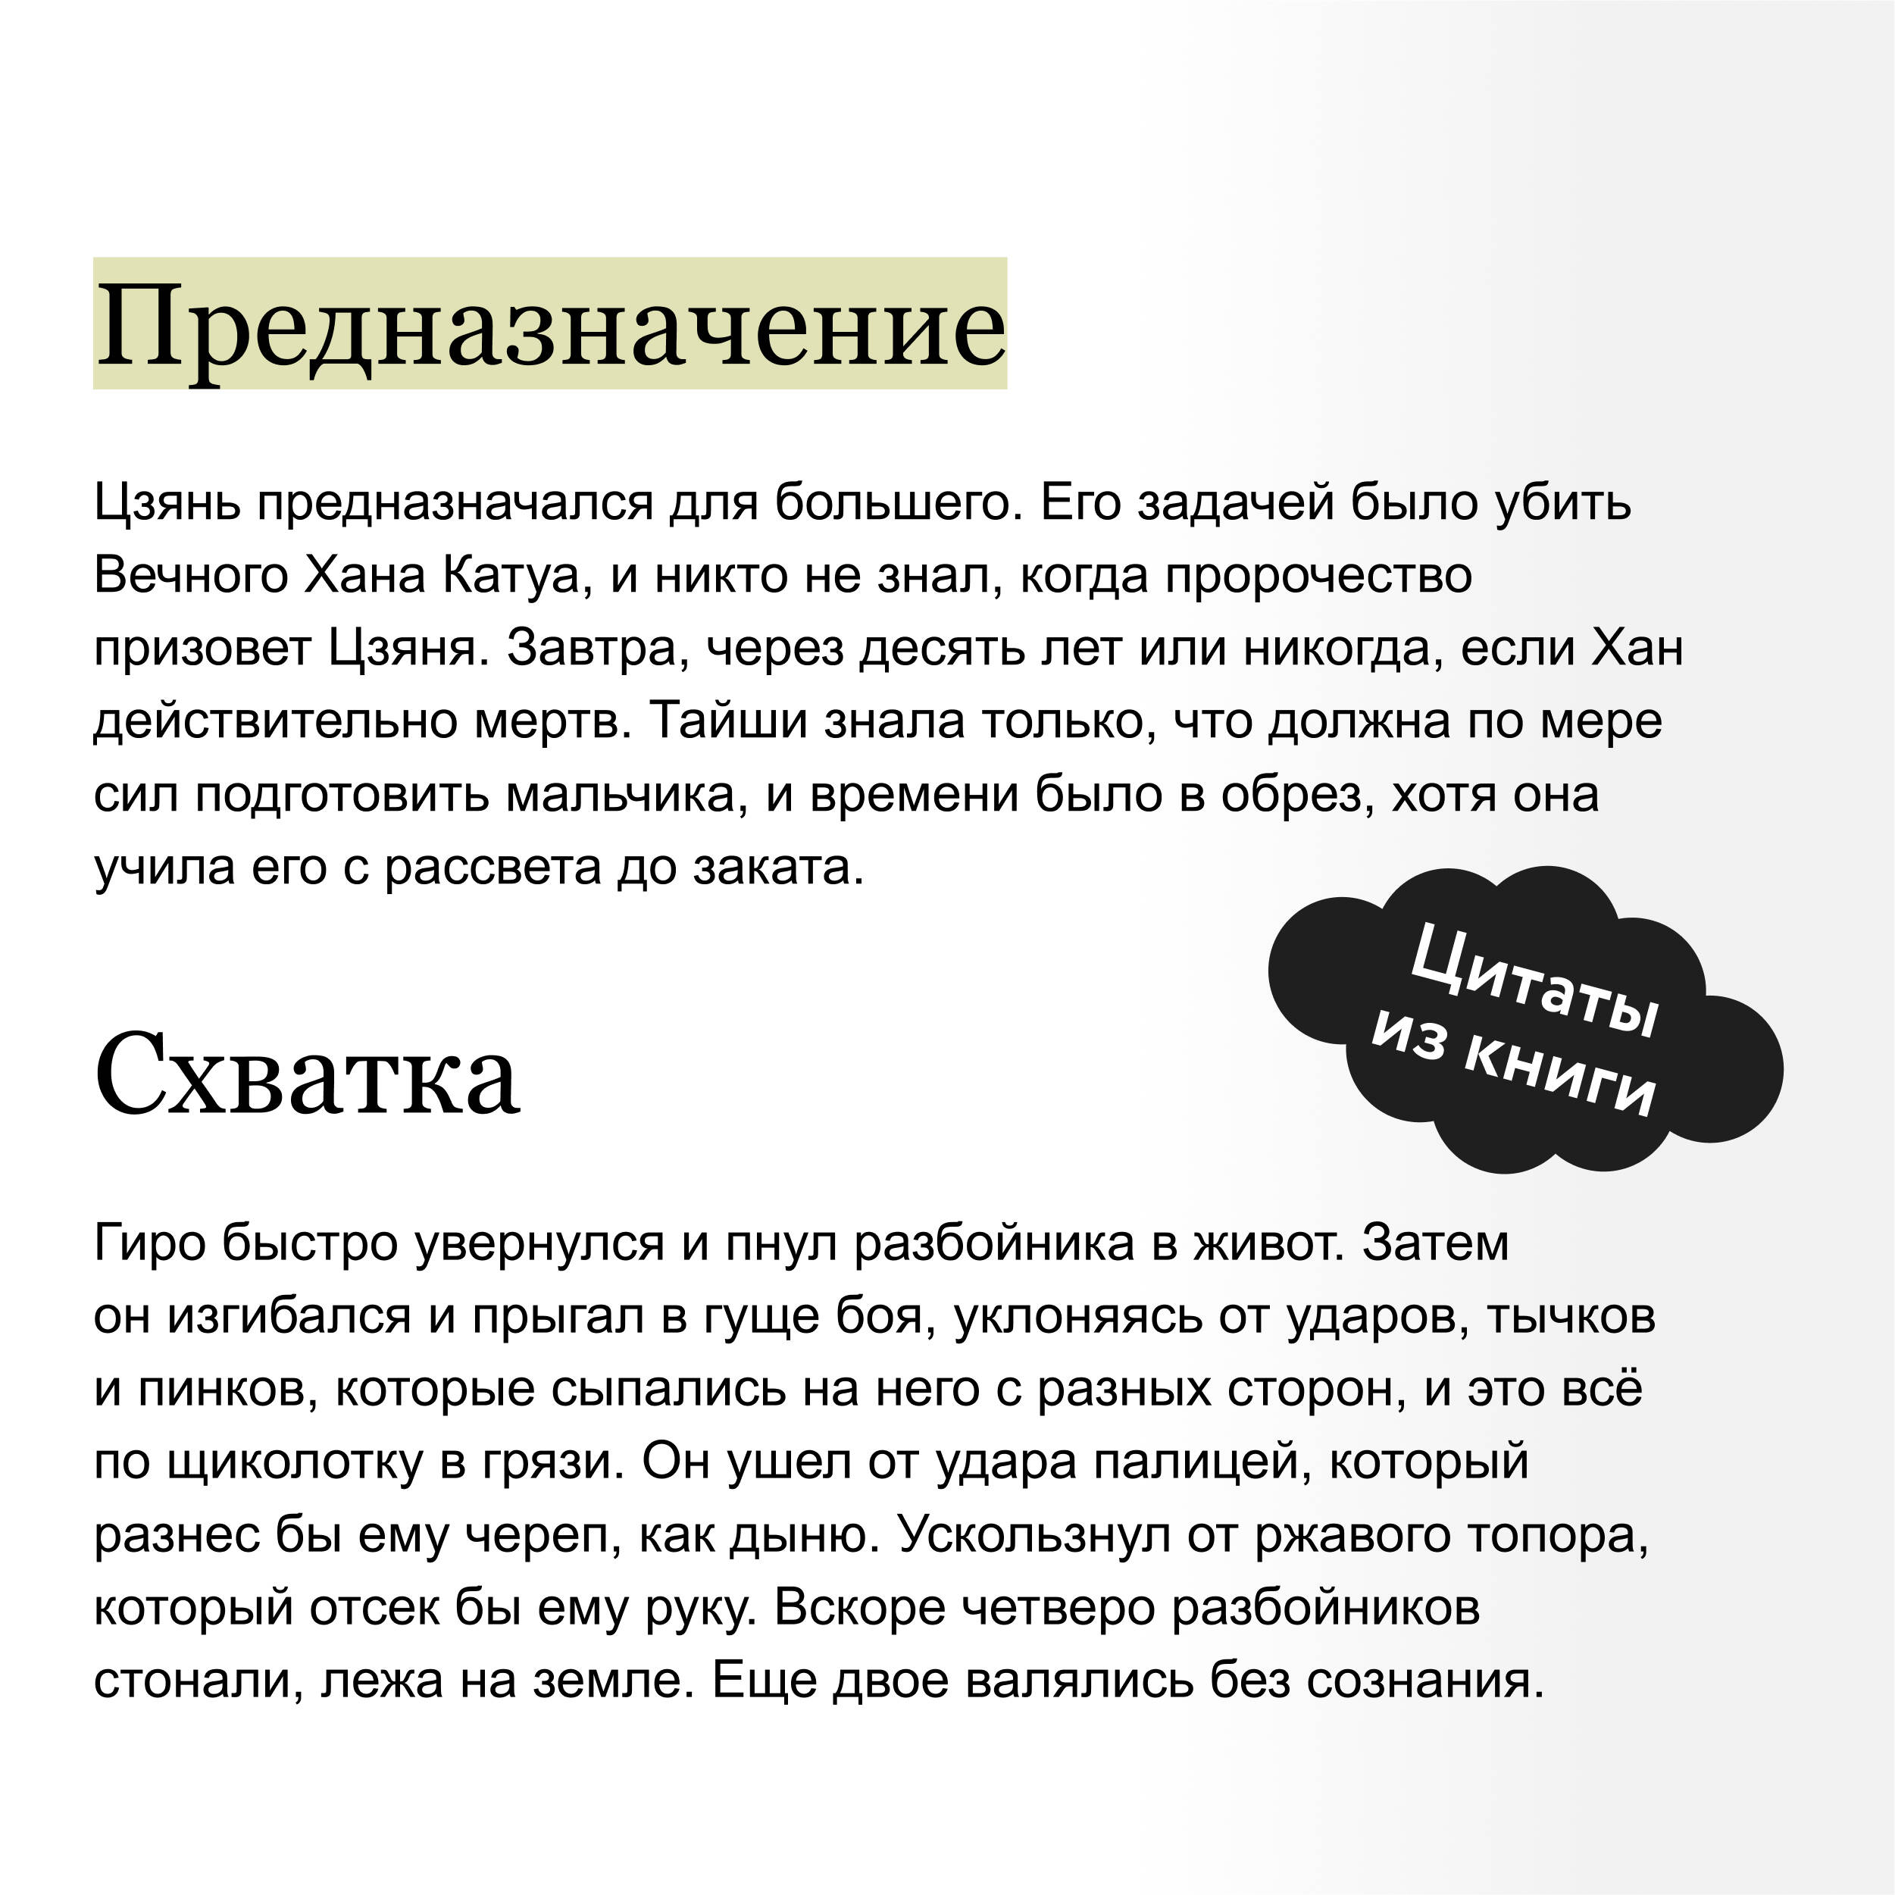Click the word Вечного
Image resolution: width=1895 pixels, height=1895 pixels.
[190, 576]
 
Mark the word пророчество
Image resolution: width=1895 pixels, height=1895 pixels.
[1318, 576]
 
